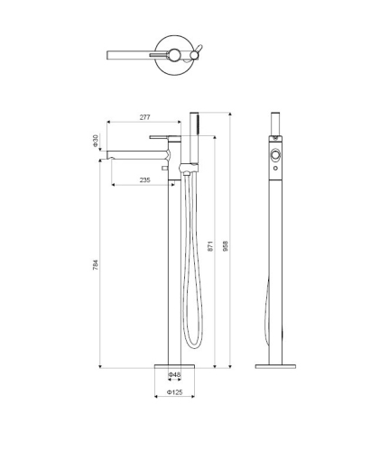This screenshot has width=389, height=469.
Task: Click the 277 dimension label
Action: tap(144, 117)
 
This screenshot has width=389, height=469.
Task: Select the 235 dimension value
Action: tap(144, 179)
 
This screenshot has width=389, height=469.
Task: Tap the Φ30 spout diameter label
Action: tap(96, 141)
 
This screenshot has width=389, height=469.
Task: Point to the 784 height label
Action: tap(96, 264)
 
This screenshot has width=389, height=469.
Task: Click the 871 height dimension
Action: tap(210, 246)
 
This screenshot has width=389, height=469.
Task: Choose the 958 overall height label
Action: tap(226, 246)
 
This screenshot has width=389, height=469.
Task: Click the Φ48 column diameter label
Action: tap(174, 374)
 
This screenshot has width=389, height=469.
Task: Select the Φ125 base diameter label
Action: tap(174, 392)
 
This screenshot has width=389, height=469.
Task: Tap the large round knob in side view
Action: tap(275, 155)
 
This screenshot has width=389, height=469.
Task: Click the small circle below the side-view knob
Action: tap(275, 169)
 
